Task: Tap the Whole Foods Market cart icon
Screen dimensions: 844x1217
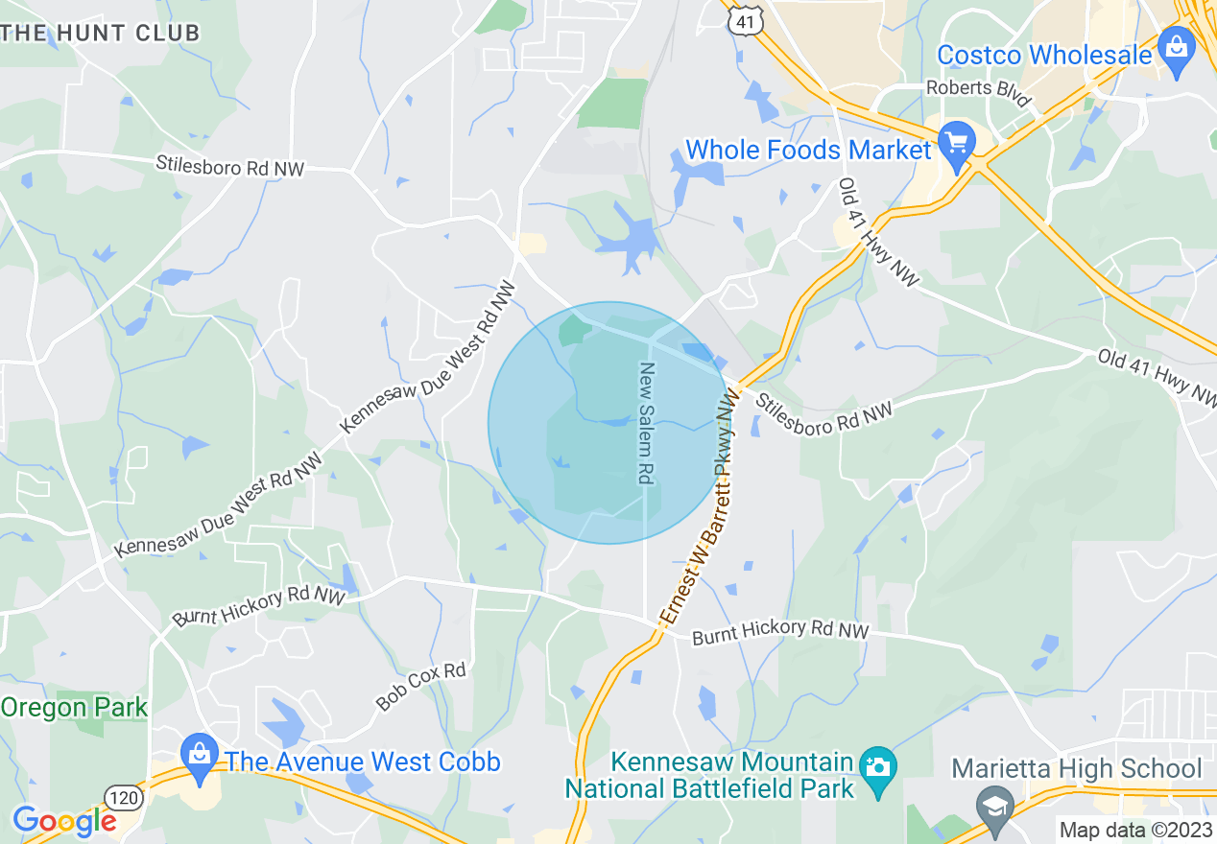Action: pos(956,142)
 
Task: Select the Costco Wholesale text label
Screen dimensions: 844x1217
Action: pos(1044,55)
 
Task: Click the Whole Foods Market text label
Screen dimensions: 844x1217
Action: pos(808,151)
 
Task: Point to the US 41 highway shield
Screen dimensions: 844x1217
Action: pos(745,20)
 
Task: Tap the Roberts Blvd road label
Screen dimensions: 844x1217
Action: pos(978,94)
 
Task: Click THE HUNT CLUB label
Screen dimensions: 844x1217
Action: pos(101,33)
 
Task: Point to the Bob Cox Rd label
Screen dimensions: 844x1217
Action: pos(420,685)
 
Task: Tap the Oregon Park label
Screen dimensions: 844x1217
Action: pos(74,709)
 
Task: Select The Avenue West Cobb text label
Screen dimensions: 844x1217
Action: pos(363,762)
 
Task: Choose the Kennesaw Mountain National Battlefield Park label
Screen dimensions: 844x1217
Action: pos(709,776)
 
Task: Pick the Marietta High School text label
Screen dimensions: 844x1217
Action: pos(1076,769)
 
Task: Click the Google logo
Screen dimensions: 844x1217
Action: pos(63,821)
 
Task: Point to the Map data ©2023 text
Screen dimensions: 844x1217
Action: pos(1133,830)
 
